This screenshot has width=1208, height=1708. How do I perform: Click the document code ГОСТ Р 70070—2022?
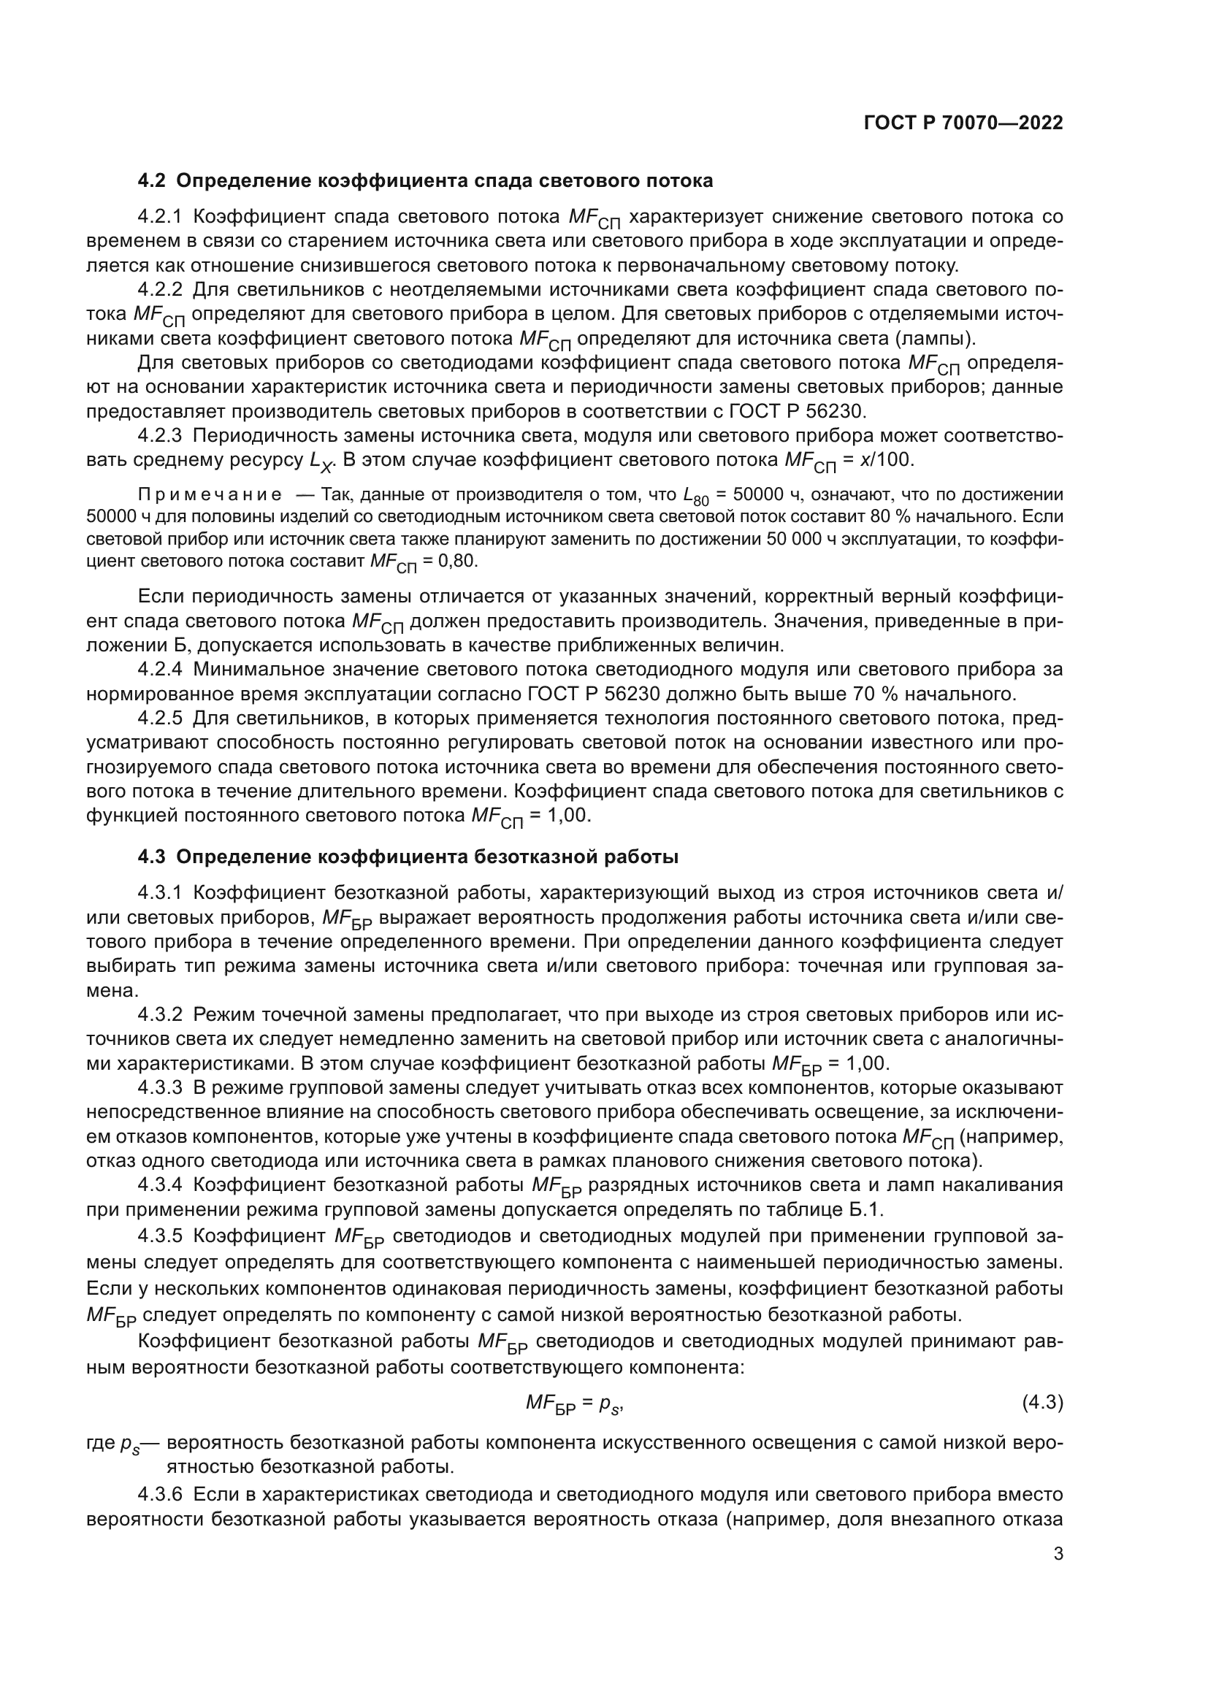pos(963,123)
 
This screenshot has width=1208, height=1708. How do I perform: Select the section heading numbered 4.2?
pos(426,181)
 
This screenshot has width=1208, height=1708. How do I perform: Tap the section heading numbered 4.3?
pos(408,857)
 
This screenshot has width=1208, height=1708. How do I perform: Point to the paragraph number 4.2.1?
pos(160,217)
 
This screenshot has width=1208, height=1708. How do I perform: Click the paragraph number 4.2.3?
pos(160,436)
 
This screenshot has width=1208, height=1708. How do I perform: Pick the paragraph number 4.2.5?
pos(160,719)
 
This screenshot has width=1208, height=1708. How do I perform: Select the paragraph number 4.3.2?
pos(160,1015)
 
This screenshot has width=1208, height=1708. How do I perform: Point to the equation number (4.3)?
pos(1042,1403)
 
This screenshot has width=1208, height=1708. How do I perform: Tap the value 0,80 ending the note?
pos(457,560)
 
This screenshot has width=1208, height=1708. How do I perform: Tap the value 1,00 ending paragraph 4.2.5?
pos(569,816)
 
